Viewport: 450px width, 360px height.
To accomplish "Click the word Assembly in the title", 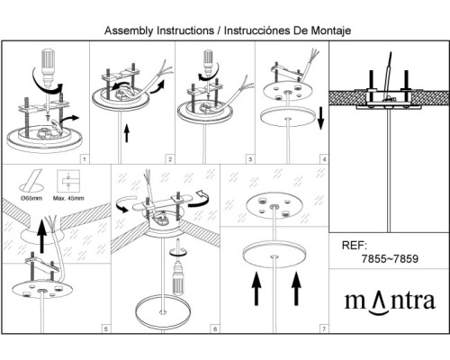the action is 129,31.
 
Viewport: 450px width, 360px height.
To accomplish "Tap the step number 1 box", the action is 85,159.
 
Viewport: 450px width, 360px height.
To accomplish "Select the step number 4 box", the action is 324,159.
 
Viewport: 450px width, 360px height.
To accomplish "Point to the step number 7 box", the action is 324,329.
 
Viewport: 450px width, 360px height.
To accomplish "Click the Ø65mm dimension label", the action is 31,198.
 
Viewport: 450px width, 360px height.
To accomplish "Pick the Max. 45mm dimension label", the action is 68,198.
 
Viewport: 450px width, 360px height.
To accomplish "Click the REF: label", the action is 355,246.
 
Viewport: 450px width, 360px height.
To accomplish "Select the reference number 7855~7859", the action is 390,258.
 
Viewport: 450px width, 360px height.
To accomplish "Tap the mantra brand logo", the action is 390,302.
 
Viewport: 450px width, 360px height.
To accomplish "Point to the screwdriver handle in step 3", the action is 208,58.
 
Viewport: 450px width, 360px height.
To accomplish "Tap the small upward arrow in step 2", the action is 127,134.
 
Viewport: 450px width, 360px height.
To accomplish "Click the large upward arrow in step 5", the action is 42,236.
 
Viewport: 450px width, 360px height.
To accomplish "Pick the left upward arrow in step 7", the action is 256,289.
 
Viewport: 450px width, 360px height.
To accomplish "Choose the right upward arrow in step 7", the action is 296,289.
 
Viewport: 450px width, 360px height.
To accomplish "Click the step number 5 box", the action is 106,329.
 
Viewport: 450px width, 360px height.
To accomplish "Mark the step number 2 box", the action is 170,159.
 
